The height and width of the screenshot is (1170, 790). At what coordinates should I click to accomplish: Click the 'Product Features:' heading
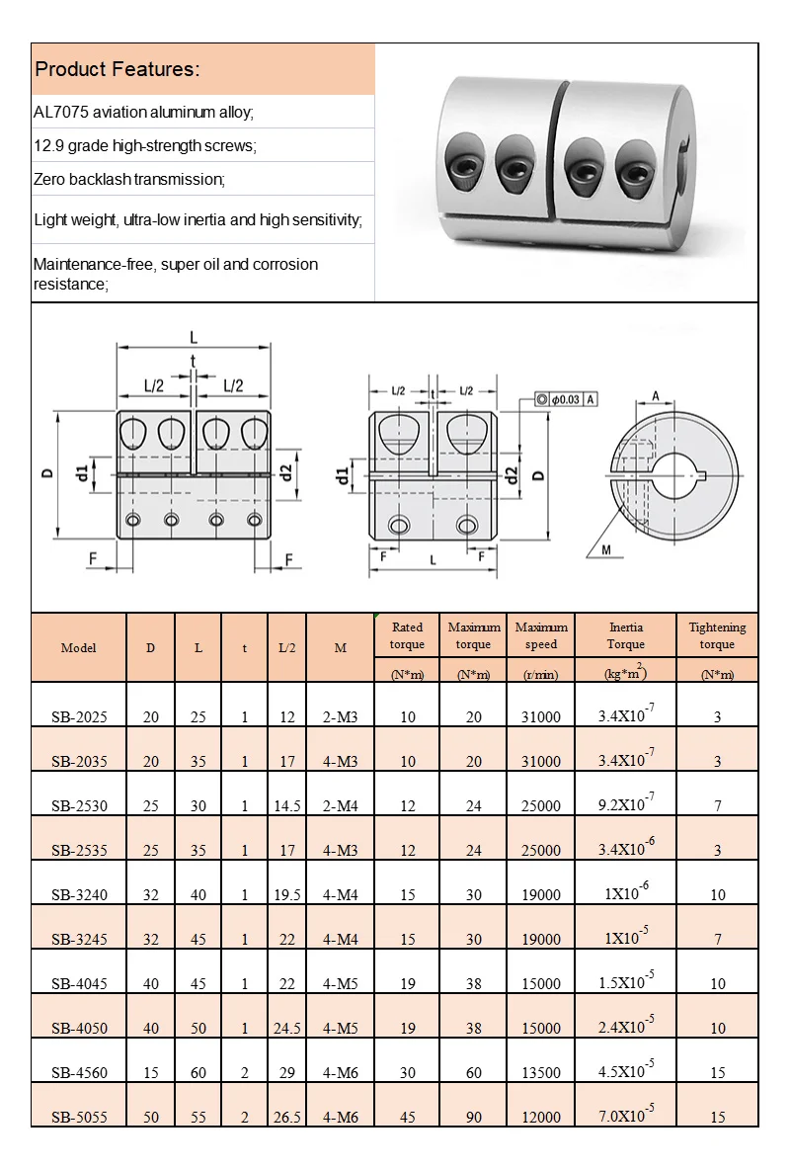[118, 69]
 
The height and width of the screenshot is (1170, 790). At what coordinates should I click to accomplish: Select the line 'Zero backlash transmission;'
[129, 179]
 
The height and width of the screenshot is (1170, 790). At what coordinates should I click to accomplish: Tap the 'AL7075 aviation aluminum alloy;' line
[144, 112]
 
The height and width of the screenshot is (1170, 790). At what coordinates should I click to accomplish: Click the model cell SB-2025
[79, 716]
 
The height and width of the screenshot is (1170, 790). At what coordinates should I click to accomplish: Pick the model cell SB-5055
[79, 1117]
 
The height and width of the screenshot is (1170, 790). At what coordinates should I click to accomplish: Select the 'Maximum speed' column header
[541, 635]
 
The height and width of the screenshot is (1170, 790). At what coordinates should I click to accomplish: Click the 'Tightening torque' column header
[717, 635]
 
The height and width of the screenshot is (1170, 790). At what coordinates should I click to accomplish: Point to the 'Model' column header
[79, 648]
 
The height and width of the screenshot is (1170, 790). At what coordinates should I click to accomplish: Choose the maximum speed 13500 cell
[541, 1072]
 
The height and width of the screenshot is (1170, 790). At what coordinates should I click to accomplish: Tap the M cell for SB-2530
[341, 805]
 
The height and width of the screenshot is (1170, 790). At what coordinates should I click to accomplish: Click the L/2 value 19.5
[286, 894]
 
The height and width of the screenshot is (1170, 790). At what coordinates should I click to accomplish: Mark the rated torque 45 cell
[408, 1117]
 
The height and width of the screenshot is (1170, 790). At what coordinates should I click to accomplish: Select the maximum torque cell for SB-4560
[473, 1072]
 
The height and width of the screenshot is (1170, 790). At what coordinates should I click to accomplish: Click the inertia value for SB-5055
[626, 1115]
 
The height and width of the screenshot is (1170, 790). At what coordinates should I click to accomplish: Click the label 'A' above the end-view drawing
[655, 395]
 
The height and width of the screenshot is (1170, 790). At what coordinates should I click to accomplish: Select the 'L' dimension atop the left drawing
[194, 337]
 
